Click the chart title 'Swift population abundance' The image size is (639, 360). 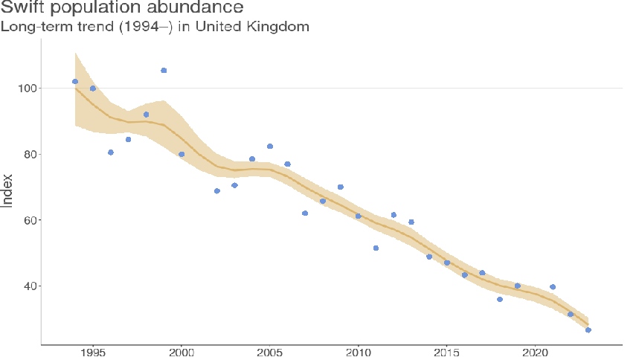(122, 8)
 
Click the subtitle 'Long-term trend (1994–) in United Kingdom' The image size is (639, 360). (154, 27)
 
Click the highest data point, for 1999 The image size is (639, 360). (164, 71)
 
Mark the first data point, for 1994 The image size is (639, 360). (75, 82)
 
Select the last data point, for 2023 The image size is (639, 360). (588, 330)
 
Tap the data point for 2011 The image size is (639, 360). (376, 248)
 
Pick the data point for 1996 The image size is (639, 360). (111, 152)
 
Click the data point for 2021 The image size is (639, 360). (553, 287)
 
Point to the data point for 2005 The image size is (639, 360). (270, 147)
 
